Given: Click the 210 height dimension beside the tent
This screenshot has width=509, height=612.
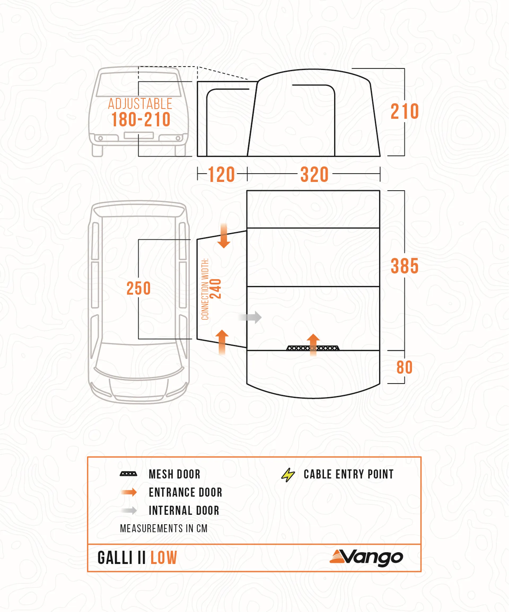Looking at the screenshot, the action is pyautogui.click(x=405, y=111).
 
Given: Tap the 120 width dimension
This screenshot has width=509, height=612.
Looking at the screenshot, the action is pyautogui.click(x=222, y=175).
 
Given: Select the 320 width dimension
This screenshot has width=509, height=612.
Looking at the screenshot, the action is pyautogui.click(x=314, y=175).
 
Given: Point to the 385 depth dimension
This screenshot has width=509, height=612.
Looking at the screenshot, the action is pyautogui.click(x=405, y=266).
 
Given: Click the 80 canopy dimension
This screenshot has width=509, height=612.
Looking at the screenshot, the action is pyautogui.click(x=405, y=367).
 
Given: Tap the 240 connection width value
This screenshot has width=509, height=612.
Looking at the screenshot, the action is pyautogui.click(x=216, y=289).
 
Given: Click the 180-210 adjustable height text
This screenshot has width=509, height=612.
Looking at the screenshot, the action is pyautogui.click(x=141, y=119).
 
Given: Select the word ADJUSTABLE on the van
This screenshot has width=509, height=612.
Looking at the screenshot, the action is pyautogui.click(x=140, y=104).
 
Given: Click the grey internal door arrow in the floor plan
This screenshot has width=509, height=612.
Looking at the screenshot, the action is pyautogui.click(x=250, y=317).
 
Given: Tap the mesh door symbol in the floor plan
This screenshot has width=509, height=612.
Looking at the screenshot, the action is pyautogui.click(x=313, y=348).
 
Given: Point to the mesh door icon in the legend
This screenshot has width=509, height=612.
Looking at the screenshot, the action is pyautogui.click(x=128, y=474).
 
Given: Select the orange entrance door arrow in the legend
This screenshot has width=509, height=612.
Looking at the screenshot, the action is pyautogui.click(x=129, y=492).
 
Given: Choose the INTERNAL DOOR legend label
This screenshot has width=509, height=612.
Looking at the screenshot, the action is pyautogui.click(x=184, y=511).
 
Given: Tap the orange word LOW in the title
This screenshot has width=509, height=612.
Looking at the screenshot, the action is pyautogui.click(x=164, y=558).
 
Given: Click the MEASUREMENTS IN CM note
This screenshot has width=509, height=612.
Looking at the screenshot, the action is pyautogui.click(x=164, y=528).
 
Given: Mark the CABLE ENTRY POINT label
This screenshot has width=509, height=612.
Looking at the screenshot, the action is pyautogui.click(x=349, y=474).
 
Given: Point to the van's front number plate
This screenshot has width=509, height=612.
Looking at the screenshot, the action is pyautogui.click(x=139, y=135).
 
